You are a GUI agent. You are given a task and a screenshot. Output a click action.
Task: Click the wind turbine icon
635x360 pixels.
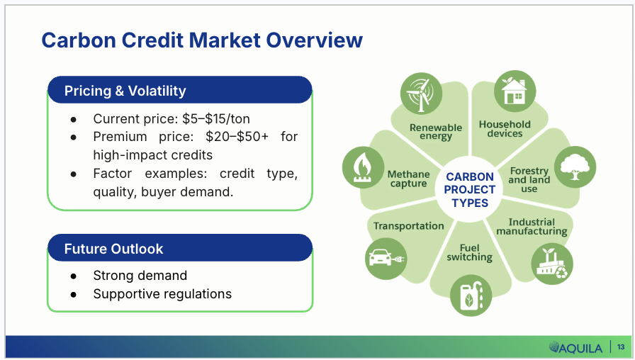click(x=421, y=94)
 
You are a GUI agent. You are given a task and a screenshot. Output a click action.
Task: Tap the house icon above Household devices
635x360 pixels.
click(x=515, y=91)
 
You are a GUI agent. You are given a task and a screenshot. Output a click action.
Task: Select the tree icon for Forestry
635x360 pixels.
click(x=575, y=167)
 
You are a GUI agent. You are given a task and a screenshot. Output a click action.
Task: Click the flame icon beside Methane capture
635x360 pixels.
click(x=363, y=167)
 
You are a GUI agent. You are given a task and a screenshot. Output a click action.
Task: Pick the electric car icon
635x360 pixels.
click(x=386, y=259)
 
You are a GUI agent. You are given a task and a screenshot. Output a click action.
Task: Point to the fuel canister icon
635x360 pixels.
click(x=471, y=296)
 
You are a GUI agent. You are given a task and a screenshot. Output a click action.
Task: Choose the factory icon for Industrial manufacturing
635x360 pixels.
click(x=552, y=264)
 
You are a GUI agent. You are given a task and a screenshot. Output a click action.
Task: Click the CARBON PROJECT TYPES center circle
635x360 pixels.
click(x=470, y=189)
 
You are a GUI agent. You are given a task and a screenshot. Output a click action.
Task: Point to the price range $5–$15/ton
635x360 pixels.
click(x=216, y=118)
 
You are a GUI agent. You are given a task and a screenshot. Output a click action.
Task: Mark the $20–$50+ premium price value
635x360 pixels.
click(x=237, y=137)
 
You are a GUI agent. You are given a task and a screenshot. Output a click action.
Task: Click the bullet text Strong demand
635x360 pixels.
click(x=140, y=276)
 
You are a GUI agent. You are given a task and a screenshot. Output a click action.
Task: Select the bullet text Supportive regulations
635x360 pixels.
click(x=162, y=293)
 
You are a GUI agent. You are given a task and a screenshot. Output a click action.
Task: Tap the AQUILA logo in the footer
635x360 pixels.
click(x=575, y=347)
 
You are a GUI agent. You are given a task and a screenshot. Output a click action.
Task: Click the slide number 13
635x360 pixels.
click(x=621, y=347)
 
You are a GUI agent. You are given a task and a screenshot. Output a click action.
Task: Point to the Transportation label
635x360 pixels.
click(x=409, y=226)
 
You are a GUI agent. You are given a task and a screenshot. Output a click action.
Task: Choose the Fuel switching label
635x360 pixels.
click(x=470, y=253)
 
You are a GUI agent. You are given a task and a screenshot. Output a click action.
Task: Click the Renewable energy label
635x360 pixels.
click(x=436, y=132)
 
